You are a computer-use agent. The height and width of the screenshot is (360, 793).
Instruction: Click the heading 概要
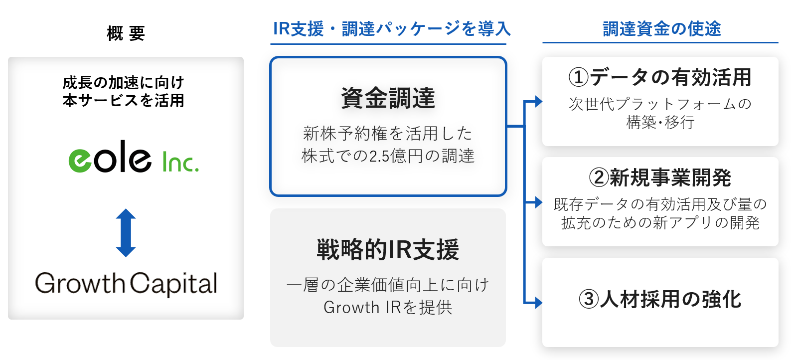tap(126, 34)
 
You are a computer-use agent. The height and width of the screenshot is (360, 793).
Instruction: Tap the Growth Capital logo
tap(126, 284)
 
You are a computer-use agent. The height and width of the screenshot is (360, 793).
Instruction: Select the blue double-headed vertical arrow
tap(126, 233)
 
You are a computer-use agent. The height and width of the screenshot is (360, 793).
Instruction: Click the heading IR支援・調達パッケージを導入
tap(392, 29)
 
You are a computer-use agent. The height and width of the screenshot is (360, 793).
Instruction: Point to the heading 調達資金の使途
tap(661, 28)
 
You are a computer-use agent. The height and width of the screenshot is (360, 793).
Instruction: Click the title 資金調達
tap(388, 98)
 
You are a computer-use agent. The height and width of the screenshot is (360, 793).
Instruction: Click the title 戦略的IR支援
tap(388, 250)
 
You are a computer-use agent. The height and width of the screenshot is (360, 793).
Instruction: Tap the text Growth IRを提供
tap(388, 308)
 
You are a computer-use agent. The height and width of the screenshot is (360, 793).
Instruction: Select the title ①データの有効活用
tap(660, 77)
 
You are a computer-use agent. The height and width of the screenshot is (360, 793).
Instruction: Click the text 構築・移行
tap(660, 122)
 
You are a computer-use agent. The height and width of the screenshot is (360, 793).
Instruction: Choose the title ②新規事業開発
tap(660, 178)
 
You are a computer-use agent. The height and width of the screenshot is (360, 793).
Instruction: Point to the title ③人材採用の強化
tap(660, 299)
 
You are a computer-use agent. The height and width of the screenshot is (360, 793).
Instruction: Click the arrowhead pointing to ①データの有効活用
tap(538, 101)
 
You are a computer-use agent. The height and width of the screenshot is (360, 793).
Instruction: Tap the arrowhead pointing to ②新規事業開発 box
tap(538, 202)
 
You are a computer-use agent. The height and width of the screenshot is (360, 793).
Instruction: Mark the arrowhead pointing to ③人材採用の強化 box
tap(538, 302)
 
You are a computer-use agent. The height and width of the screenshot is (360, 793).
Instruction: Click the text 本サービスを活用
tap(124, 100)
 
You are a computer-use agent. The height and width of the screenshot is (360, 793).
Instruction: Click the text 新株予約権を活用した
tap(388, 133)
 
